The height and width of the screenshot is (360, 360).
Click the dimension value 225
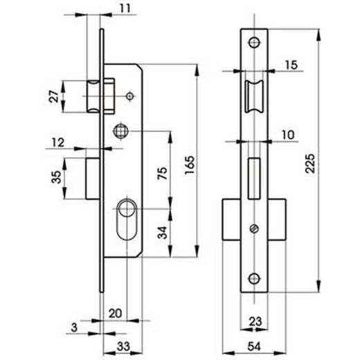[x=310, y=163]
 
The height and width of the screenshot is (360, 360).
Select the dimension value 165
[x=190, y=165]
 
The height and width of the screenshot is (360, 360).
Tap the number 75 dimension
[x=162, y=174]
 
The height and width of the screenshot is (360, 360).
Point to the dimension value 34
[x=162, y=233]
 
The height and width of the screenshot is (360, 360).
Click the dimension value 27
[x=53, y=97]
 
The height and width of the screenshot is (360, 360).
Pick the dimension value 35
[x=57, y=177]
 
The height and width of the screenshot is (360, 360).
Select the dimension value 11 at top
[x=125, y=9]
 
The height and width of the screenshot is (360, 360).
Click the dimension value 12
[x=58, y=143]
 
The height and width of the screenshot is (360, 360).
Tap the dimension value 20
[x=115, y=314]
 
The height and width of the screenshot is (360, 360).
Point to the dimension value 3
[x=74, y=327]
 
